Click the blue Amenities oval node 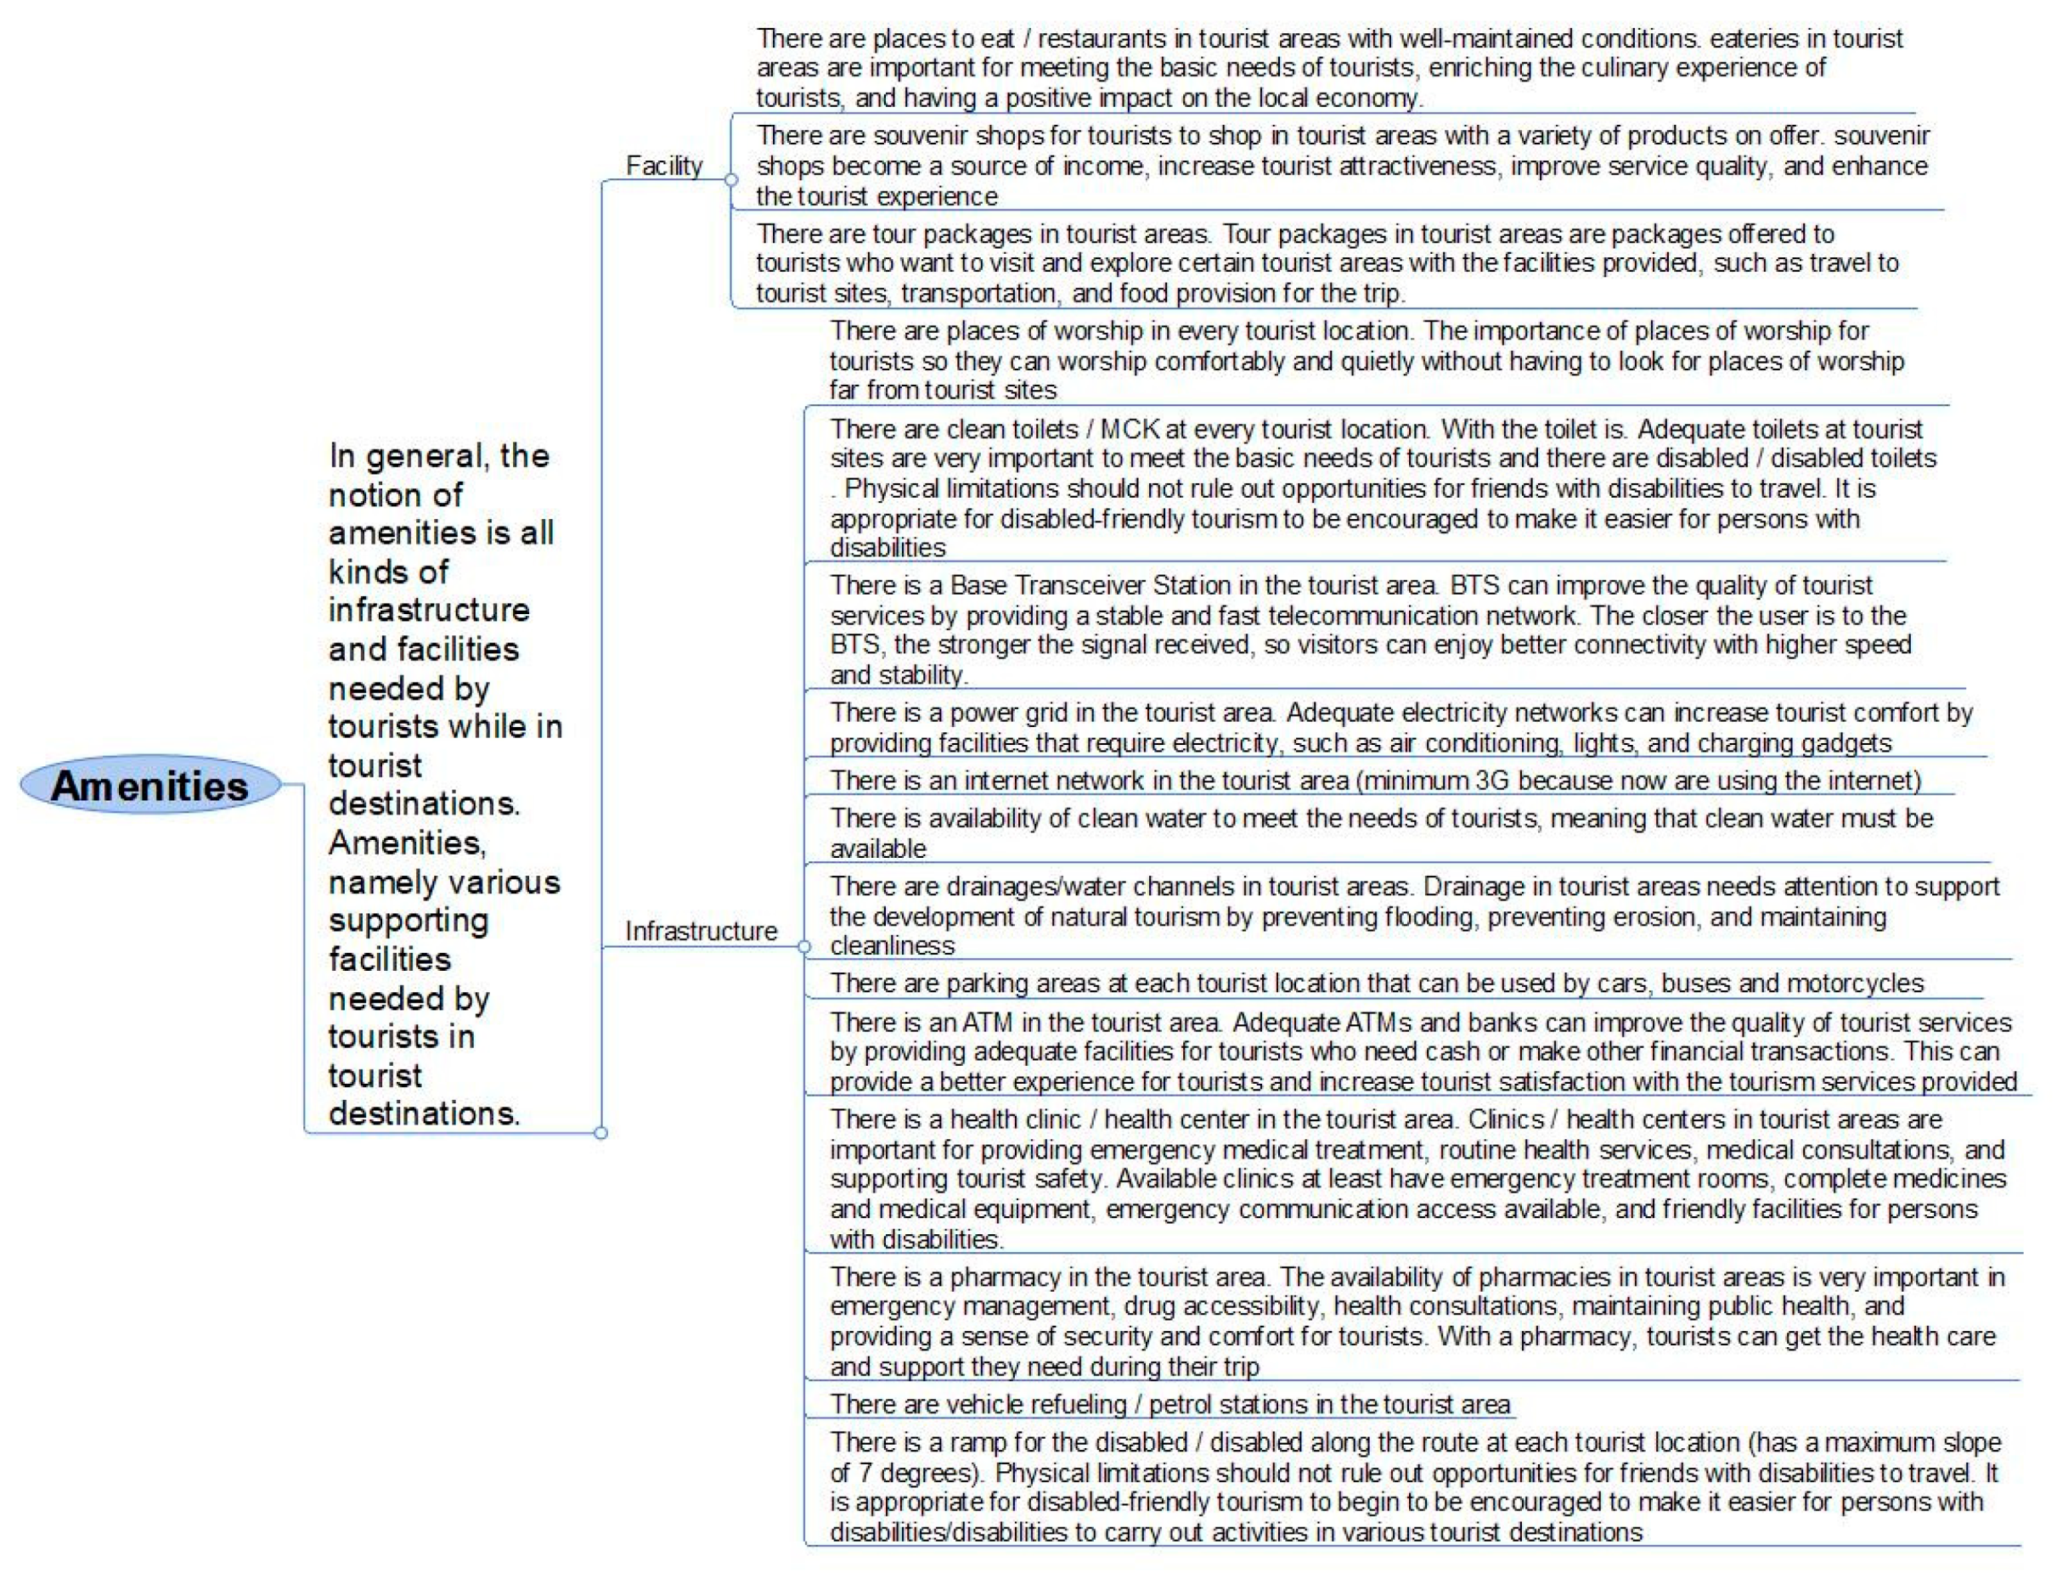coord(149,785)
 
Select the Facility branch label coord(663,166)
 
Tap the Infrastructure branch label coord(701,931)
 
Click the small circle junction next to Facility coord(731,180)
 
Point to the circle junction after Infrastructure coord(803,947)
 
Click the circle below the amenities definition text coord(601,1133)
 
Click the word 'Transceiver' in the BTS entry coord(1079,585)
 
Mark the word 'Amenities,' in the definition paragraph coord(406,843)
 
